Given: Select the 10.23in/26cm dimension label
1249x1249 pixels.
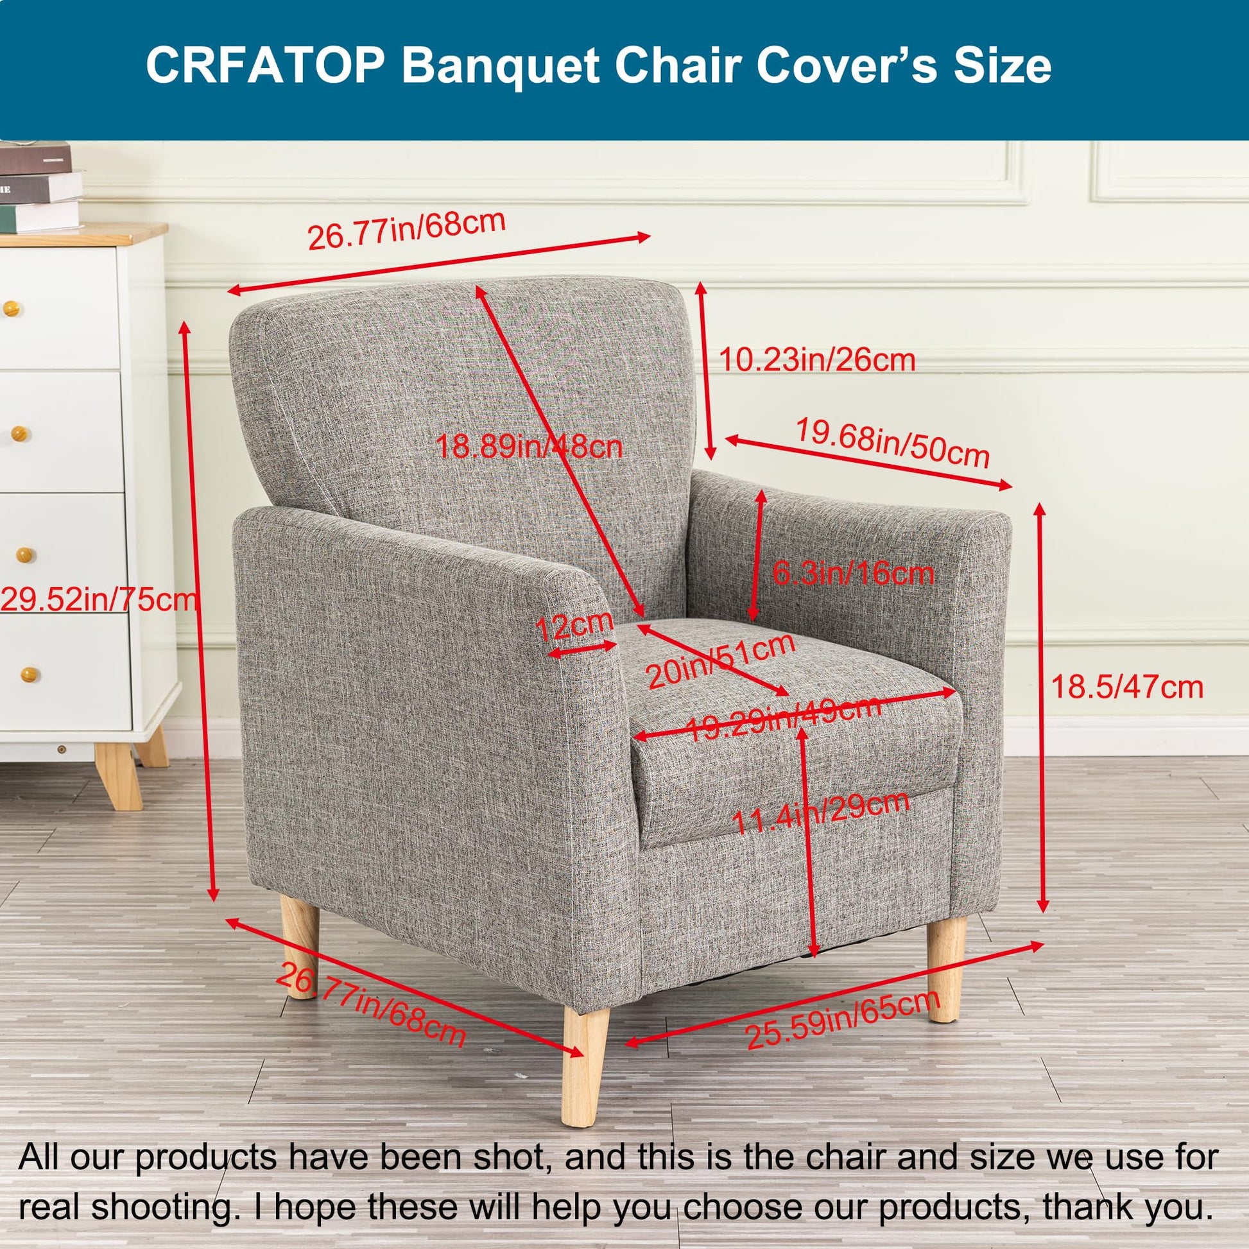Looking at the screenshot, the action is click(817, 360).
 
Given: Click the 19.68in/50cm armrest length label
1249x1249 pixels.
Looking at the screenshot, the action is click(892, 442).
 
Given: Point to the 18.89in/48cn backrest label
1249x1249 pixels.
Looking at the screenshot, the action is click(529, 446).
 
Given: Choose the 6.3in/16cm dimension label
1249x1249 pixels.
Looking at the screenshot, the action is click(854, 573).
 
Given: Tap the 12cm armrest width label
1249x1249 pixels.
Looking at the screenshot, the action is click(574, 625).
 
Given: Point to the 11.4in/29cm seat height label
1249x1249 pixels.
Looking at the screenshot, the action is click(821, 813).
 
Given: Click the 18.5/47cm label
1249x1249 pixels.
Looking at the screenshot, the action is click(1127, 687).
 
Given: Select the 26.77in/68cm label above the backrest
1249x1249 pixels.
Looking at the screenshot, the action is click(406, 229).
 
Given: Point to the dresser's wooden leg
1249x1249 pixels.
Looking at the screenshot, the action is click(118, 776).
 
